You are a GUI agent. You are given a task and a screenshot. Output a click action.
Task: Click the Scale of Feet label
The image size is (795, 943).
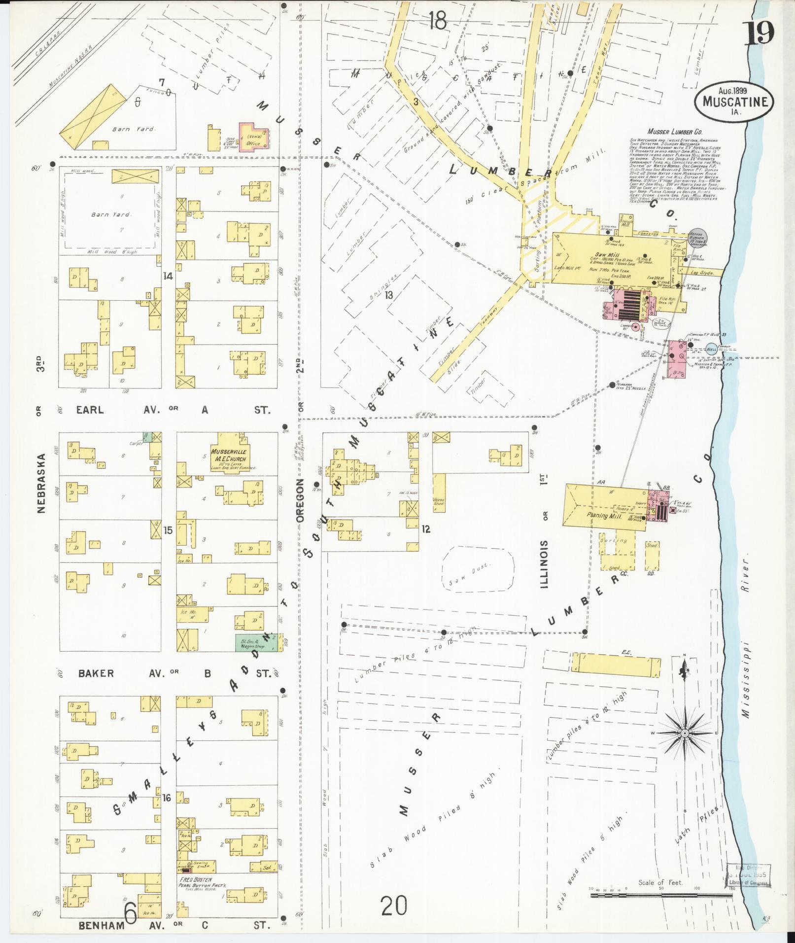(660, 882)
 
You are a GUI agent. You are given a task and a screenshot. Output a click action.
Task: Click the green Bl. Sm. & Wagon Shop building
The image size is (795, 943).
(255, 643)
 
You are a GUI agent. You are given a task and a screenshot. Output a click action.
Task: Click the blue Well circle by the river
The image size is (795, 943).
(711, 349)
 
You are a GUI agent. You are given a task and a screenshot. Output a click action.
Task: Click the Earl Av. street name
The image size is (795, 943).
(90, 410)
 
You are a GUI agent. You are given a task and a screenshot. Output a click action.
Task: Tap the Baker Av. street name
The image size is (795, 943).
(96, 673)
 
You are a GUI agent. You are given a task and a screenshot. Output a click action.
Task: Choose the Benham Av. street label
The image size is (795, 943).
(102, 926)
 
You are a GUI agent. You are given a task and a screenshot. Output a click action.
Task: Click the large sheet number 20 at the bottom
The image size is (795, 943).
(394, 905)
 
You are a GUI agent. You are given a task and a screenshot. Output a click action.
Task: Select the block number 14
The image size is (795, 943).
(168, 277)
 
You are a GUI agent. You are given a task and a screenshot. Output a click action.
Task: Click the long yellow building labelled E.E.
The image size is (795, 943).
(619, 664)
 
